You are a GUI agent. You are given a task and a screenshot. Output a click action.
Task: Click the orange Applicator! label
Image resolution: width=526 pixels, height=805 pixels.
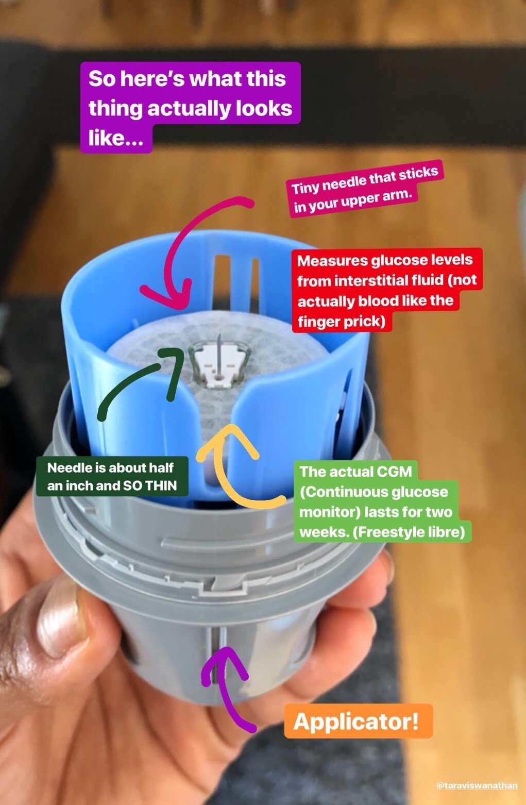358,721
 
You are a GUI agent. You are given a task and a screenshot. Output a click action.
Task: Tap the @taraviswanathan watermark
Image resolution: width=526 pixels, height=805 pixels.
477,785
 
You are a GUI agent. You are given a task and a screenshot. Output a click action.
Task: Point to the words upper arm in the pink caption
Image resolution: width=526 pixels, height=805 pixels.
376,199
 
